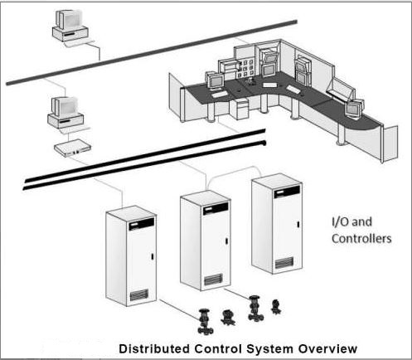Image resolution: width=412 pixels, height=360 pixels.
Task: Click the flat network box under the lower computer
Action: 71,148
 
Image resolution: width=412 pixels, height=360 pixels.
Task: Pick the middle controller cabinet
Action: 203,240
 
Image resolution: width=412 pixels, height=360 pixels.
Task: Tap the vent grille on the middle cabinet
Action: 214,278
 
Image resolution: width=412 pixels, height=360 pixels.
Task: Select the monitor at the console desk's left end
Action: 214,81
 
